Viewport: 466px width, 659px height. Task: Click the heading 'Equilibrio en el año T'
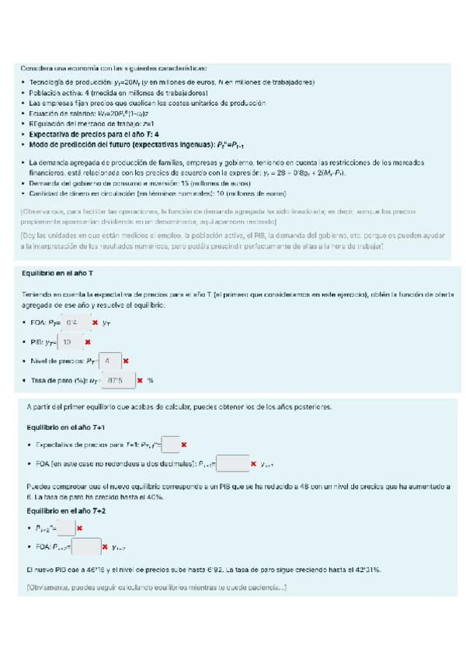click(x=60, y=274)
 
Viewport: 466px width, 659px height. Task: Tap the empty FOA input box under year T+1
click(x=234, y=463)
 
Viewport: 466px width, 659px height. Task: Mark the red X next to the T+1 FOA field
click(x=254, y=464)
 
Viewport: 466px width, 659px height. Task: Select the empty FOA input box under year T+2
click(x=86, y=547)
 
